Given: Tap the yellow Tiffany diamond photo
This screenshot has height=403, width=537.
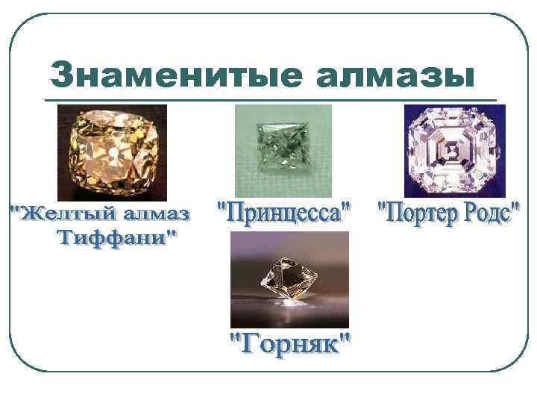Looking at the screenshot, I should [112, 152].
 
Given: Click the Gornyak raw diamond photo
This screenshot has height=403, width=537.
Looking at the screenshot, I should [289, 279].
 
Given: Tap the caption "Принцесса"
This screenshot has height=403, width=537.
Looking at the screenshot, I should [284, 215].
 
